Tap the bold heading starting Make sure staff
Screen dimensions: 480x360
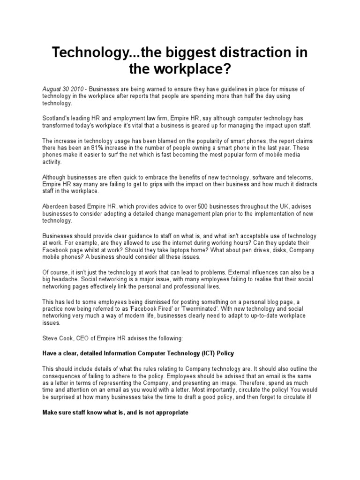(x=115, y=412)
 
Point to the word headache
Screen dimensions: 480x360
(x=63, y=280)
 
